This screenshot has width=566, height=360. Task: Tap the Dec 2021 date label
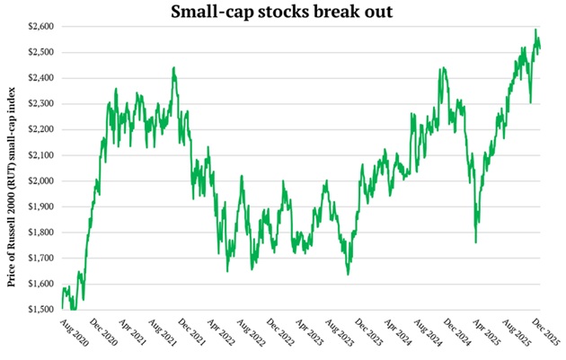click(190, 332)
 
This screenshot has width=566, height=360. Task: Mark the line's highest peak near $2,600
click(536, 30)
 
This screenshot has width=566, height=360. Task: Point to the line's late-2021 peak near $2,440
click(173, 67)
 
